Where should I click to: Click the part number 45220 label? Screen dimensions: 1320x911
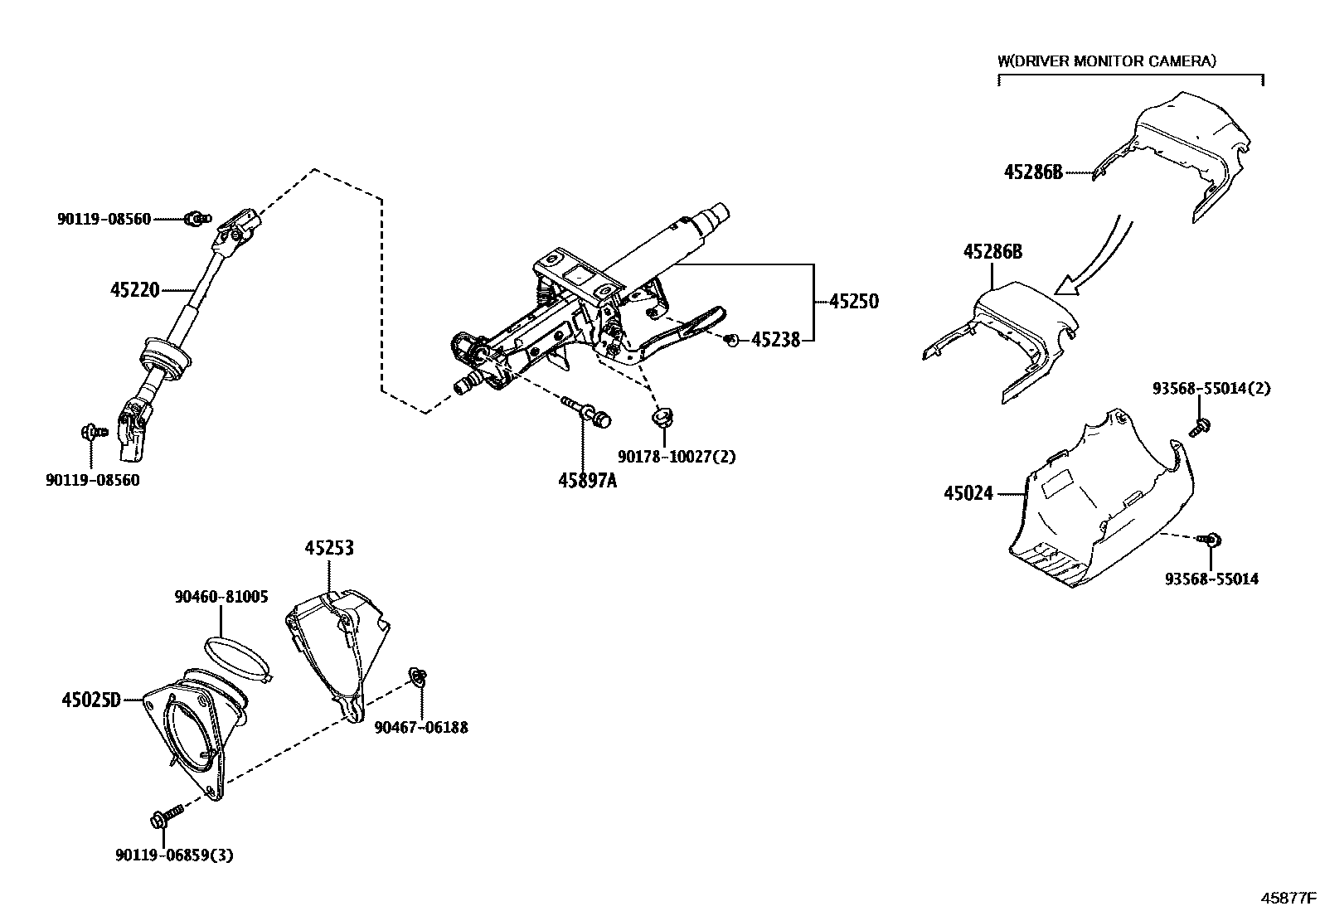[135, 290]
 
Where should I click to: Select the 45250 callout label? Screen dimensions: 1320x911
[854, 302]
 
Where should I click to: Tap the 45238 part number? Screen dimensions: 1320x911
[775, 340]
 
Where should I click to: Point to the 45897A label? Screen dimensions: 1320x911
[588, 481]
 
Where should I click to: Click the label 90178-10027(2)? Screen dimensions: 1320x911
[677, 457]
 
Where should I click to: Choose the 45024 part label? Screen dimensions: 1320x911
[968, 493]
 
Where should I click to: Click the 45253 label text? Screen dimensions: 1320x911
[329, 548]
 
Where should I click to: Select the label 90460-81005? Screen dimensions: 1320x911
[221, 597]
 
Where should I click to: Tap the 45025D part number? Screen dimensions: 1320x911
[91, 700]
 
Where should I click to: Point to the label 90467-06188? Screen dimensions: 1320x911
[421, 728]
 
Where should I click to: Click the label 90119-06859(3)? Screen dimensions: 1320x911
[174, 855]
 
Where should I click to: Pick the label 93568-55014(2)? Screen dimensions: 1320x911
[1211, 388]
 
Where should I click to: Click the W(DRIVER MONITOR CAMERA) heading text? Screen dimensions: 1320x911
[1107, 61]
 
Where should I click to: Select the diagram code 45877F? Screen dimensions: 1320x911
[1288, 898]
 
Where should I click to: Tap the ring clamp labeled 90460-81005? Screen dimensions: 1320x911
[237, 658]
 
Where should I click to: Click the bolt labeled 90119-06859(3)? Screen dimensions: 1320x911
[167, 817]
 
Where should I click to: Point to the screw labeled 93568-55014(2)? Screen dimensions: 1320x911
[1199, 427]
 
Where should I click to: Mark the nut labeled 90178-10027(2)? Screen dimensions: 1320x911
[662, 416]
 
